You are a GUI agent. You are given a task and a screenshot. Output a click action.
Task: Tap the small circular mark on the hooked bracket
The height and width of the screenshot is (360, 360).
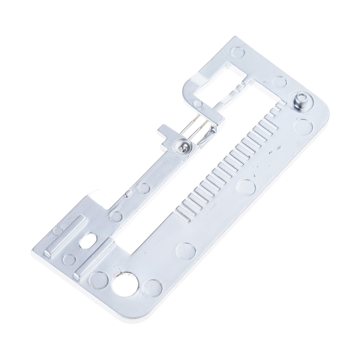click(x=198, y=104)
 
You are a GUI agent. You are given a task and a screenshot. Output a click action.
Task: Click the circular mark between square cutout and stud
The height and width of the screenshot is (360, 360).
click(x=280, y=82)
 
